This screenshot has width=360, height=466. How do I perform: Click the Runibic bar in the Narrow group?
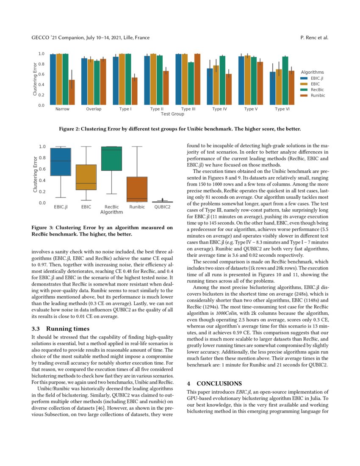(72, 92)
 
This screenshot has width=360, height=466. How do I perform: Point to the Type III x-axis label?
(188, 109)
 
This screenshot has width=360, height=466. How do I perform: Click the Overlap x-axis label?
(94, 109)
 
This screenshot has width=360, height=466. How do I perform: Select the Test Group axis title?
(172, 114)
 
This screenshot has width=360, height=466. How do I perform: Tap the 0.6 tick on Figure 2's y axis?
(42, 74)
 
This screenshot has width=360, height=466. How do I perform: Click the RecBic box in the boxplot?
(112, 159)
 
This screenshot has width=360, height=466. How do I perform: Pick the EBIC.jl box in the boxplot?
(61, 162)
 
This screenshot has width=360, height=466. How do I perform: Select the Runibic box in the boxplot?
(137, 189)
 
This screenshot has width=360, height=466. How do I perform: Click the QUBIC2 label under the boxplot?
(162, 207)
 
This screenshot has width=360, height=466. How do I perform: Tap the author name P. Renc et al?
(314, 38)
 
